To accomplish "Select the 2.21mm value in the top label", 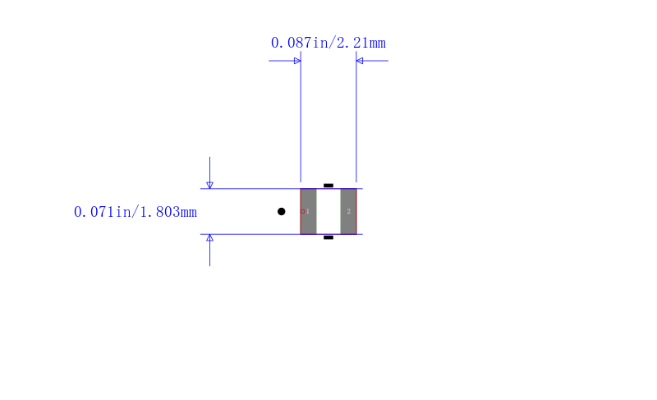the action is tap(361, 43).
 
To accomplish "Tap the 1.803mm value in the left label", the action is tap(168, 212).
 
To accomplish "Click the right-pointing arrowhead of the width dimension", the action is tap(297, 61).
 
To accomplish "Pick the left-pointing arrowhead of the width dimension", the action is tap(360, 61).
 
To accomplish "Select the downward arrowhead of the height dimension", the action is tap(210, 185).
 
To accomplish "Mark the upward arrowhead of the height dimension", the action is tap(210, 238).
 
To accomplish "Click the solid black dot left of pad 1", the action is tap(282, 212).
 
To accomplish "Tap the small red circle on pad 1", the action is tap(302, 212).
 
